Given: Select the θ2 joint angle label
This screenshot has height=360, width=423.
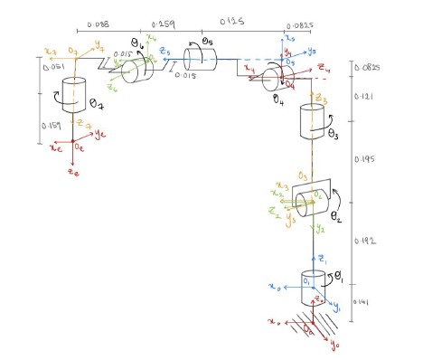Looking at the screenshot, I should pyautogui.click(x=336, y=217).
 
